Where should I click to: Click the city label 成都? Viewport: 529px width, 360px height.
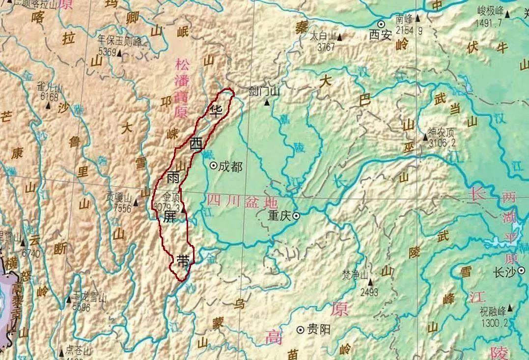pos(230,166)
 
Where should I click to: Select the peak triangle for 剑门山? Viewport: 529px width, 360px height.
pos(267,103)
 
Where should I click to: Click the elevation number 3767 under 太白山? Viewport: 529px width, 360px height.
pos(326,48)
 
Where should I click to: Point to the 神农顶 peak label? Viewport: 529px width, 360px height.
pos(442,132)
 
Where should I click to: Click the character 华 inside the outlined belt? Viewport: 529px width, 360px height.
pos(216,109)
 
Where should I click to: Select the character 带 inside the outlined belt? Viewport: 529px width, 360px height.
pos(183,261)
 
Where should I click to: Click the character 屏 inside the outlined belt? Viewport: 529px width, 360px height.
pos(169,216)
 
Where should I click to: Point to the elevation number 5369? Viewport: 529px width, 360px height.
pos(107,52)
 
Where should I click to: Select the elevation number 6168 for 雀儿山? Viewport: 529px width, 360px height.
pos(49,97)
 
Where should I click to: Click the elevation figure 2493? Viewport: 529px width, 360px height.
pos(369,293)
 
